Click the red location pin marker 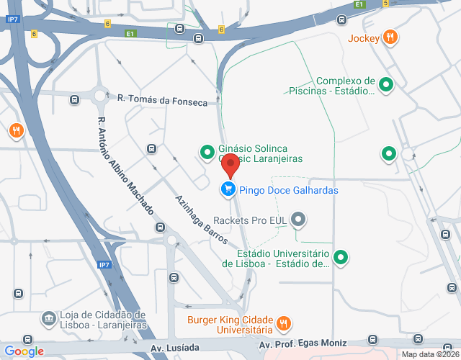230,165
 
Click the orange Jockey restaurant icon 390,37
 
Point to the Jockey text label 363,38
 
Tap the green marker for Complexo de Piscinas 386,85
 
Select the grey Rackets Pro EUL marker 301,220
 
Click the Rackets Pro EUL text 250,220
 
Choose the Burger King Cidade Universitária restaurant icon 284,323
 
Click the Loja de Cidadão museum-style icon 48,318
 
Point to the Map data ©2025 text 429,354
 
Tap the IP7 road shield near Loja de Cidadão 104,265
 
